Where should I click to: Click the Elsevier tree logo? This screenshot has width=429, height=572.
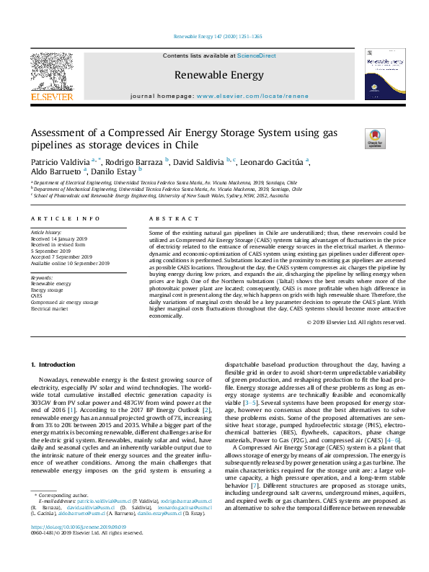(x=51, y=74)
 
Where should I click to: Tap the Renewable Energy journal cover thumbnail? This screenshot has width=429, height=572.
(x=382, y=74)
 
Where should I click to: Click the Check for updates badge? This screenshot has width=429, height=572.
(x=354, y=137)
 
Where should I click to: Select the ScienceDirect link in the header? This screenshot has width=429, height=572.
(x=257, y=55)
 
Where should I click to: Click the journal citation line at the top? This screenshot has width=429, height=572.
(x=217, y=36)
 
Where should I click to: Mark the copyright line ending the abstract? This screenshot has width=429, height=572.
(x=356, y=322)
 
